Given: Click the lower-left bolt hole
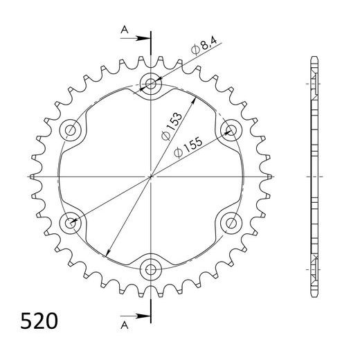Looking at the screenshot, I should (x=71, y=222).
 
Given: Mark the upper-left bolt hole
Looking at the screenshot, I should (x=71, y=129).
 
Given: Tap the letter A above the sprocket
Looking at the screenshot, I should (x=123, y=28).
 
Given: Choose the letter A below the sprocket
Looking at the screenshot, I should (x=123, y=324).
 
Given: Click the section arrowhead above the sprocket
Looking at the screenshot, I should (x=145, y=36).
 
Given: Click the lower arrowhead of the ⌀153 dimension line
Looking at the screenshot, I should (x=109, y=250).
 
